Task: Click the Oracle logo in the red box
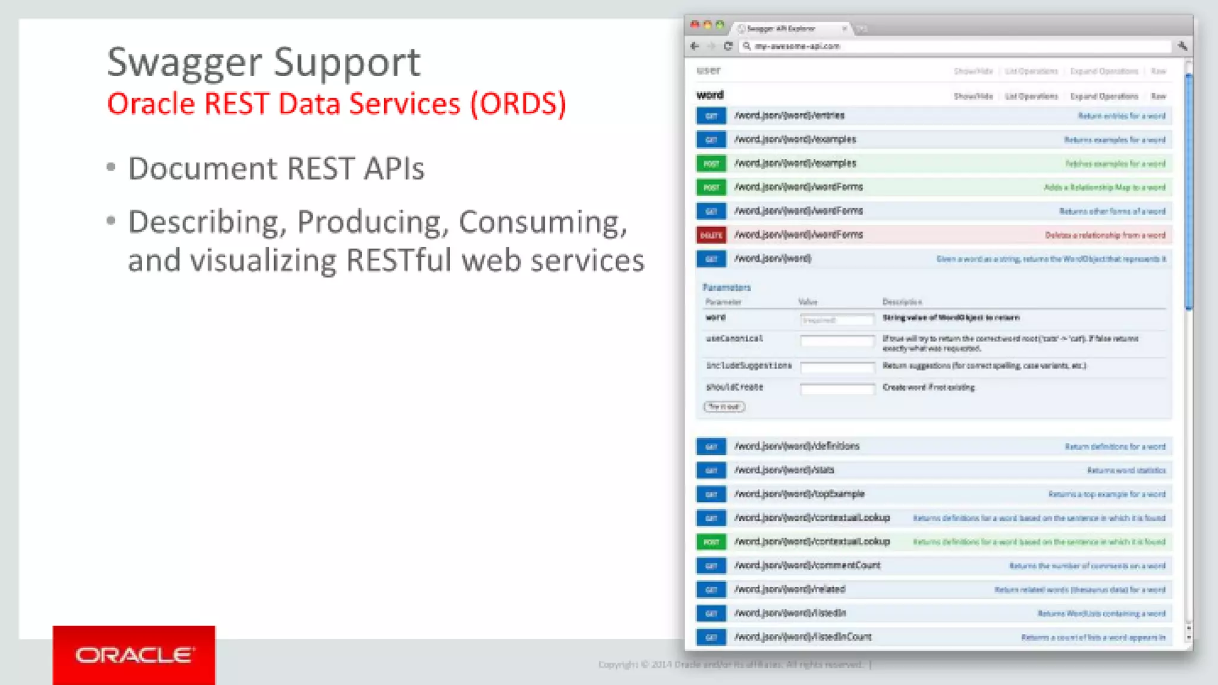(x=134, y=655)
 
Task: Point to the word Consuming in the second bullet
(x=542, y=222)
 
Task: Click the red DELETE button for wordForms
(x=711, y=235)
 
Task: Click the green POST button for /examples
(x=711, y=164)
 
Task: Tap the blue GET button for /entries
(x=711, y=116)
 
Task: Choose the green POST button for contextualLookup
(x=711, y=542)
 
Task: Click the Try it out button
(x=724, y=407)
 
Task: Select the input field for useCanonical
(x=837, y=341)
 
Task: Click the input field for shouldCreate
(x=837, y=389)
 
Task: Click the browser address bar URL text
(x=797, y=46)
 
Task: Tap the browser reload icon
(x=727, y=46)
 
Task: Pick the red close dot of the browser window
(x=694, y=25)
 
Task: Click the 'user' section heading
(x=708, y=70)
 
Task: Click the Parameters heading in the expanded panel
(x=726, y=287)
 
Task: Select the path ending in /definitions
(x=796, y=446)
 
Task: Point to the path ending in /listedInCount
(x=802, y=637)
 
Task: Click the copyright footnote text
(x=732, y=664)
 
